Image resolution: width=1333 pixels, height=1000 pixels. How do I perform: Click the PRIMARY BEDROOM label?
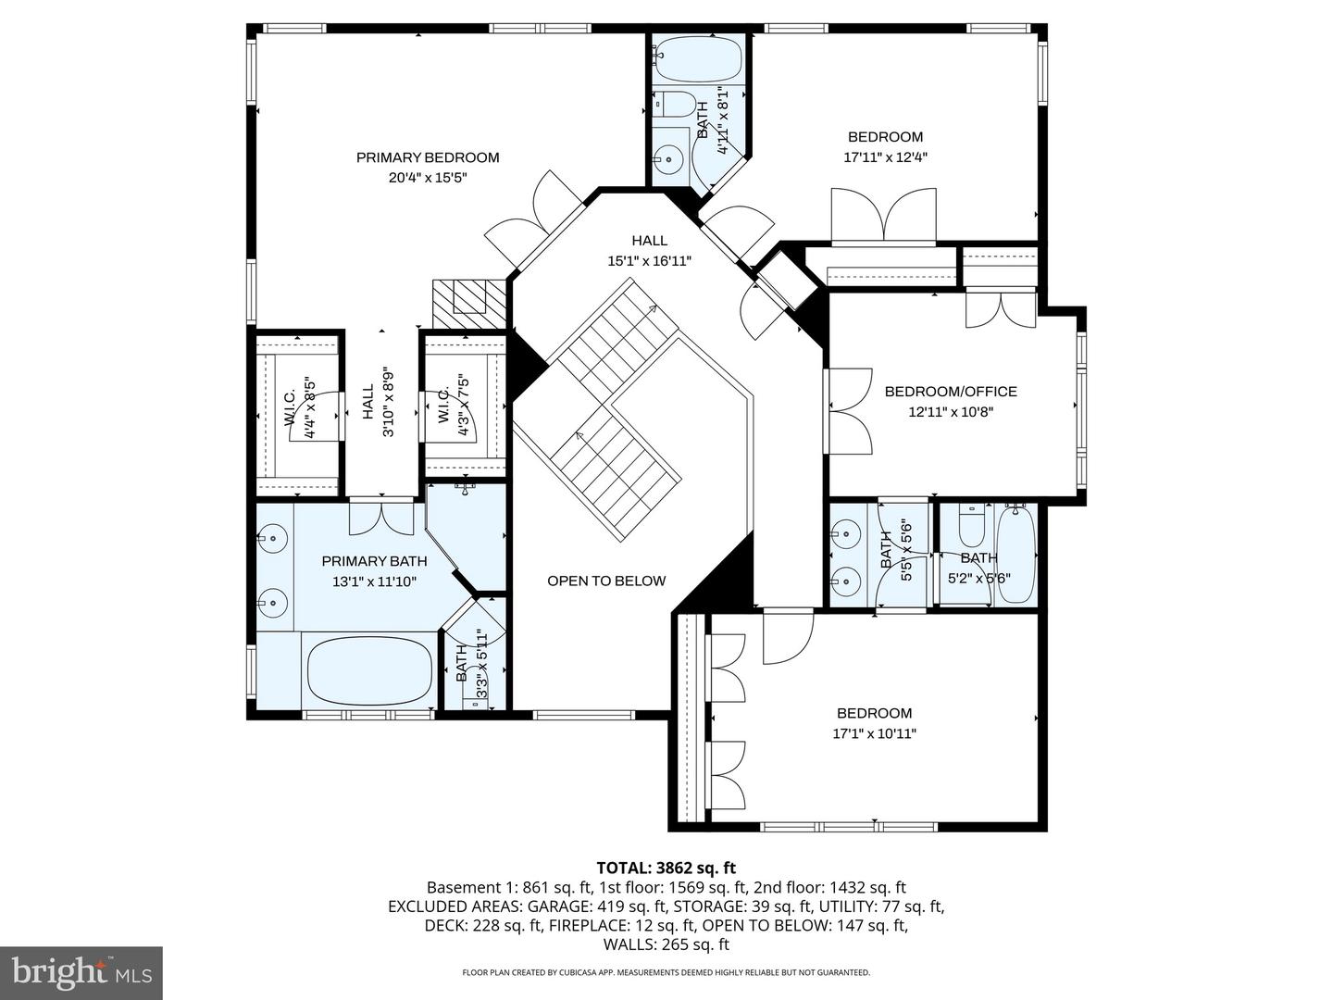(428, 157)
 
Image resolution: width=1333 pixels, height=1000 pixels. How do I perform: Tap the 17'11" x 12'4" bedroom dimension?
(885, 157)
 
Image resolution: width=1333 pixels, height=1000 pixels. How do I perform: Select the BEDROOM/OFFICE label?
(951, 392)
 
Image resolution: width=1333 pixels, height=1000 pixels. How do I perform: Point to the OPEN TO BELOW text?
(606, 581)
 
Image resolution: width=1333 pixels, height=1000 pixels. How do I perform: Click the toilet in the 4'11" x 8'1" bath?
(673, 103)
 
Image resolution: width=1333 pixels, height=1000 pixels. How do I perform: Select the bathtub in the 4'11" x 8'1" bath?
(698, 60)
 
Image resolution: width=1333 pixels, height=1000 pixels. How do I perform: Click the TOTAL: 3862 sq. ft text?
(666, 868)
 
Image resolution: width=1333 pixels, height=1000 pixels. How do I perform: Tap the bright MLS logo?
(81, 973)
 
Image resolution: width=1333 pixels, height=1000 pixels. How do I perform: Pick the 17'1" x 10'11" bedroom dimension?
(874, 733)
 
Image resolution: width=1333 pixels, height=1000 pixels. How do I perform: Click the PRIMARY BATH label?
(374, 561)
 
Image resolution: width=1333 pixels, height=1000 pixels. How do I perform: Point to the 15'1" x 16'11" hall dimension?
(649, 261)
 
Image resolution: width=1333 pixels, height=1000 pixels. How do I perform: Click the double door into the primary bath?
(381, 516)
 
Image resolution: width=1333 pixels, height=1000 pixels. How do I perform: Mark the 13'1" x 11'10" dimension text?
(374, 582)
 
